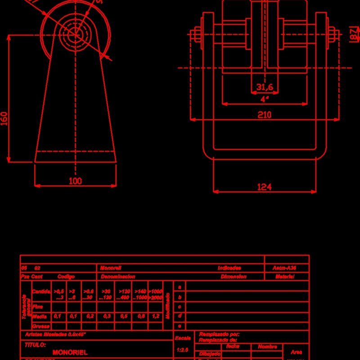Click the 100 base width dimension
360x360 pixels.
coord(76,181)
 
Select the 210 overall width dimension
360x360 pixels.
coord(264,115)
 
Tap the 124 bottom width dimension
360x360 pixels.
coord(264,187)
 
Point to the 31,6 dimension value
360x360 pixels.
coord(264,87)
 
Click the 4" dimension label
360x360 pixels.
coord(264,99)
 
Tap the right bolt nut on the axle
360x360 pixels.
coord(332,35)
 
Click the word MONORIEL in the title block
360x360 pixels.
coord(70,352)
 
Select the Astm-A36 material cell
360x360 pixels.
coord(284,268)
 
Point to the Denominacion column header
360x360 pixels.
coord(118,277)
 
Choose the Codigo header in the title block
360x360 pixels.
coord(66,277)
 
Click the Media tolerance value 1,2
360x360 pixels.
coord(155,316)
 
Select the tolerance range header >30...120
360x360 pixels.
coord(106,295)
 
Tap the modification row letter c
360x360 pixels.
coord(180,306)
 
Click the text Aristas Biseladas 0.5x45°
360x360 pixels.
coord(55,335)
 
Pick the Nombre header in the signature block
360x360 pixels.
coord(267,347)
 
